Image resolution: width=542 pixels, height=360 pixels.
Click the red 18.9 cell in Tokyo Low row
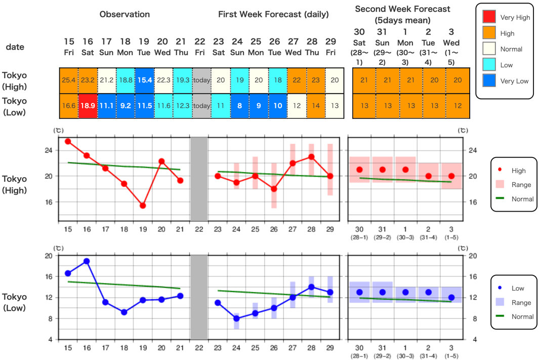click(x=88, y=105)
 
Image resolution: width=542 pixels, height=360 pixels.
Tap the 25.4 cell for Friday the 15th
click(x=69, y=80)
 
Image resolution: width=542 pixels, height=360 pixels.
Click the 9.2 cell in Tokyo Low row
click(x=126, y=105)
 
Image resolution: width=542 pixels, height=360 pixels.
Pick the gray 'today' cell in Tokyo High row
click(x=201, y=80)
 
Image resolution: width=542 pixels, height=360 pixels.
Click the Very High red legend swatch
click(x=489, y=17)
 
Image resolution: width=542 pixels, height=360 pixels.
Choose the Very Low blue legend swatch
click(x=489, y=81)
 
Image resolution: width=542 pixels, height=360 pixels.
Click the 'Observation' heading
click(x=124, y=14)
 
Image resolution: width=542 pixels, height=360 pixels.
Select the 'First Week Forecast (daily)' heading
click(x=273, y=14)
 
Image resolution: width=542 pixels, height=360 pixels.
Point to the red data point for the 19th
click(x=143, y=206)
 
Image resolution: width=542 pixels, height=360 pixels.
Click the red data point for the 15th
click(x=68, y=141)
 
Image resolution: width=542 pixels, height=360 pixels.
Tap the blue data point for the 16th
click(x=87, y=261)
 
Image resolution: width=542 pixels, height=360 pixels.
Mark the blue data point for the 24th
click(x=236, y=318)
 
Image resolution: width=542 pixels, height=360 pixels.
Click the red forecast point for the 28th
click(x=311, y=157)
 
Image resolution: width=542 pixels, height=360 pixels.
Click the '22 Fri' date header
click(x=200, y=47)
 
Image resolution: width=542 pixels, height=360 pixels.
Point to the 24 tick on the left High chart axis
click(x=50, y=150)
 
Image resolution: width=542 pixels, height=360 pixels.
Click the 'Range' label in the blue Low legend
click(x=521, y=302)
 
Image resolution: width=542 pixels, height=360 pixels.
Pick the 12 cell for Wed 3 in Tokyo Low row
click(x=458, y=105)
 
